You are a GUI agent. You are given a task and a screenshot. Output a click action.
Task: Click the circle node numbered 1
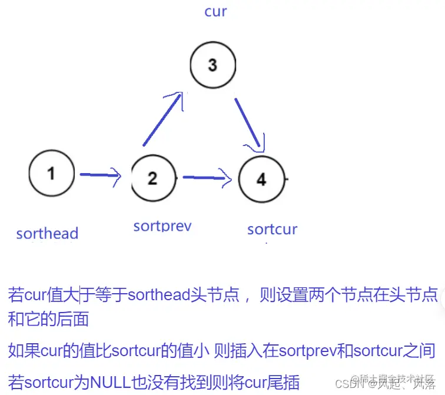click(52, 174)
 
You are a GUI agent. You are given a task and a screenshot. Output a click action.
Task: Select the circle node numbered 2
click(153, 177)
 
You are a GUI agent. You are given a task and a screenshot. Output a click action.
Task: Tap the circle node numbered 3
click(212, 65)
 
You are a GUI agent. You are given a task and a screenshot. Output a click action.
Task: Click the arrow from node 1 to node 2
click(100, 175)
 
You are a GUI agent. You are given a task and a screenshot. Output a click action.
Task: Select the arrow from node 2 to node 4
click(206, 177)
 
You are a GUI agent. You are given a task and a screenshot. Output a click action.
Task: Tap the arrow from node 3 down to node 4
click(248, 124)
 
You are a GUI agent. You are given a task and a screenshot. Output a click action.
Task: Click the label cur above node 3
click(215, 11)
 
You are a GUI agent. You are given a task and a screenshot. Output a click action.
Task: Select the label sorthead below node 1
click(47, 234)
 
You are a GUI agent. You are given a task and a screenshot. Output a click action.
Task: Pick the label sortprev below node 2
click(162, 225)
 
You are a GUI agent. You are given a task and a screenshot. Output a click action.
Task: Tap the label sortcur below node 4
click(272, 229)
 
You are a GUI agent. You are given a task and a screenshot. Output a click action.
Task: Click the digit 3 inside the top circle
click(212, 65)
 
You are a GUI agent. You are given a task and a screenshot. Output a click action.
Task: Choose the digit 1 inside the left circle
click(52, 174)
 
